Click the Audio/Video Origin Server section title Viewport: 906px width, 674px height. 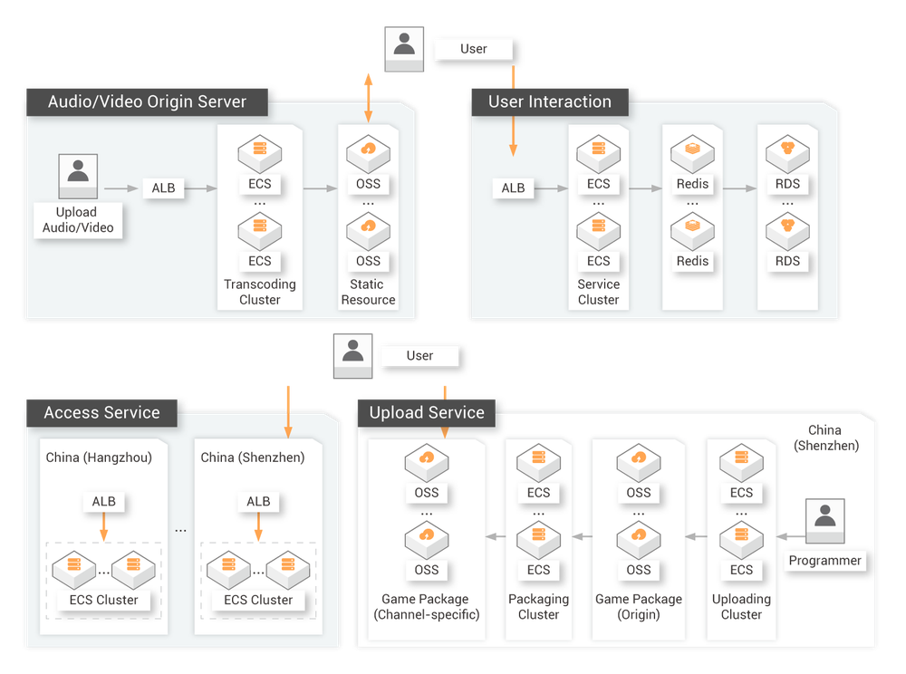[147, 101]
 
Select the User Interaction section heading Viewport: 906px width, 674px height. [549, 101]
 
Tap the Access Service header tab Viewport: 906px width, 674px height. [101, 412]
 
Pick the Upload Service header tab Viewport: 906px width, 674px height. [426, 412]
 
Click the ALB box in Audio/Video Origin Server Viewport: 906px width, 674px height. [163, 188]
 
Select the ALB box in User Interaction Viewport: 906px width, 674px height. [513, 188]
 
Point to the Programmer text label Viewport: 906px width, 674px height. [824, 561]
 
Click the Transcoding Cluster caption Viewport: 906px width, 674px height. [260, 292]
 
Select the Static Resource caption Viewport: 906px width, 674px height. [368, 292]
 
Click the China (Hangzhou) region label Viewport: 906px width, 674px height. [99, 457]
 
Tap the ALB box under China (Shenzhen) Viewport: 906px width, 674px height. [258, 501]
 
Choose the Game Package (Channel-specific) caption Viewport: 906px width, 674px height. [426, 607]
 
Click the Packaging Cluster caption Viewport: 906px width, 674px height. [538, 607]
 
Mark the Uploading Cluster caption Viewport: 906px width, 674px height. [741, 607]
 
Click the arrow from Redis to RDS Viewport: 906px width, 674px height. [739, 188]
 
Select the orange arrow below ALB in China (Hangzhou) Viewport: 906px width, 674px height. [104, 527]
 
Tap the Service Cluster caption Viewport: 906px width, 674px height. [598, 292]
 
